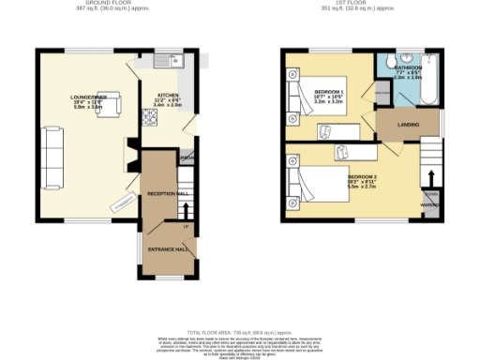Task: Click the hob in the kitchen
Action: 148,116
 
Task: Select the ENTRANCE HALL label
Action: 168,249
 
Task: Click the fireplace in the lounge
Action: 129,154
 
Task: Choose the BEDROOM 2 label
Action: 362,176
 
